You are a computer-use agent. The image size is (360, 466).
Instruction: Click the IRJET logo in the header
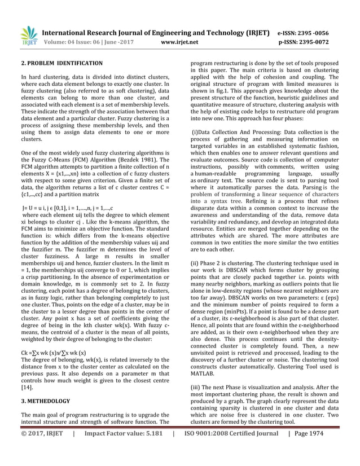pos(28,36)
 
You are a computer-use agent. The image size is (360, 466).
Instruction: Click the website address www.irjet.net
pos(179,42)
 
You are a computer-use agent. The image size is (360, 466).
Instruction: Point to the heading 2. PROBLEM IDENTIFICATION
pos(62,63)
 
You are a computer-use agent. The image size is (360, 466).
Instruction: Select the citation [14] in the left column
pos(26,389)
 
